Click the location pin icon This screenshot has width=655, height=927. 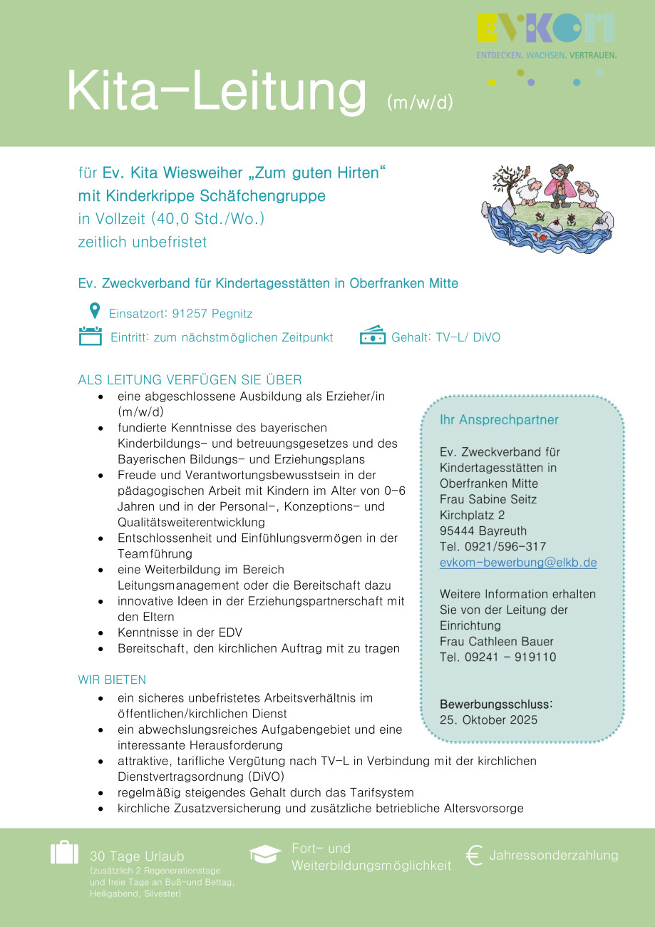pos(94,311)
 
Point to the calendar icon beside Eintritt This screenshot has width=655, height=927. pos(91,336)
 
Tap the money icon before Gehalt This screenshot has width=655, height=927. pos(373,336)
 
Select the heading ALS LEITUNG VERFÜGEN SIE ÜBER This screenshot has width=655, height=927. pos(190,380)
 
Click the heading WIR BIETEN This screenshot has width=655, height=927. pos(112,680)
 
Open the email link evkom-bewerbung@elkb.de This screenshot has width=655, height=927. pos(518,563)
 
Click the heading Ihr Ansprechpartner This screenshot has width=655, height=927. pos(499,420)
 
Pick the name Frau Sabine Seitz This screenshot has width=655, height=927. pos(488,499)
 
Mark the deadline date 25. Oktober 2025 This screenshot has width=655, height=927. pos(488,719)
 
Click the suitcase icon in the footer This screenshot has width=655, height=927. pos(64,853)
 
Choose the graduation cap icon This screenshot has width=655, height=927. pos(266,854)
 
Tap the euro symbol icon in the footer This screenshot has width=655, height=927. pos(474,856)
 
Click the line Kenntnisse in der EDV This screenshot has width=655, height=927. pos(185,632)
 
